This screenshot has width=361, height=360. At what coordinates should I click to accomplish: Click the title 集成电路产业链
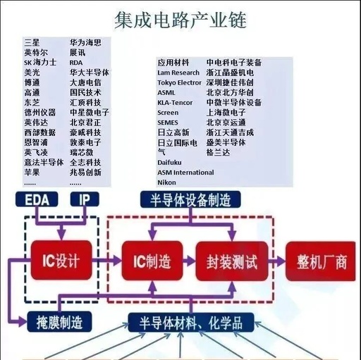180,19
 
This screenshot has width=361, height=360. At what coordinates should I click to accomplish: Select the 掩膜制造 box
59,323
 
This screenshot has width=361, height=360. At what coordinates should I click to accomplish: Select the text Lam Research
178,73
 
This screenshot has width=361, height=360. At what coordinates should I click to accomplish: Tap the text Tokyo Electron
179,82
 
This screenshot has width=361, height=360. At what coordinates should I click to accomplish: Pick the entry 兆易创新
85,173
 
